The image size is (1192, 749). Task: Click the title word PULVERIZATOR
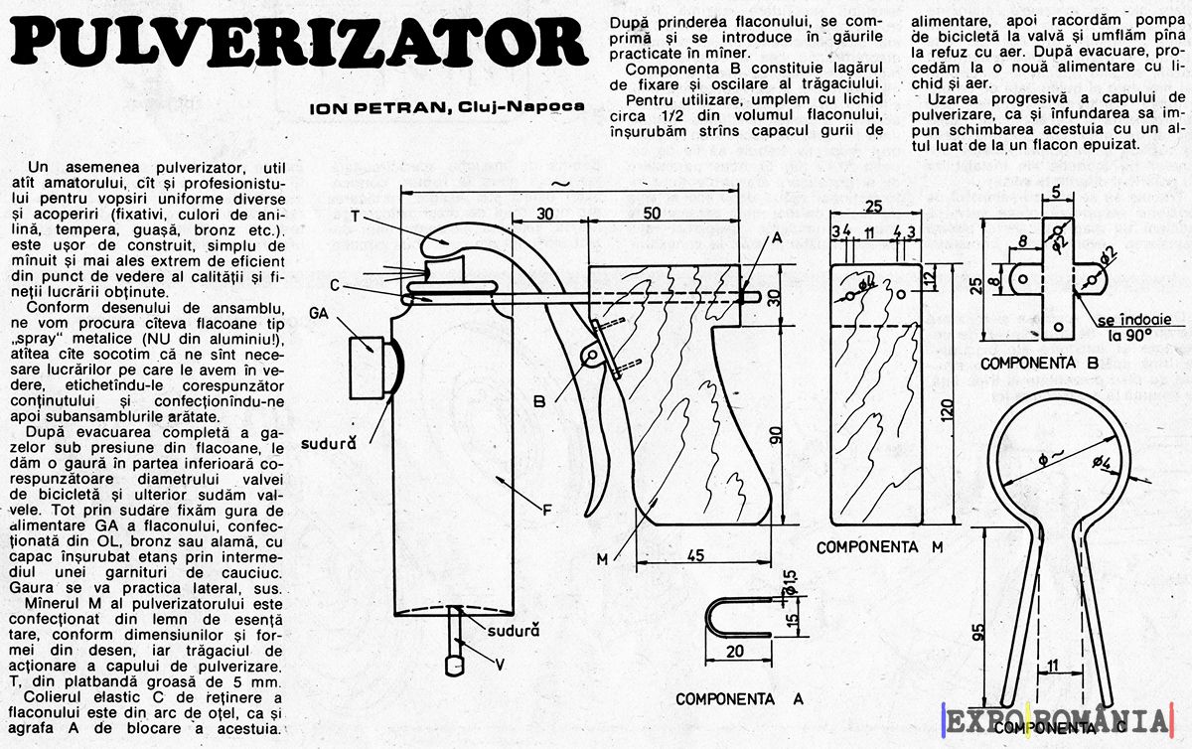tap(296, 44)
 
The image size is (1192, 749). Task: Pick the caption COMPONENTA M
tap(879, 547)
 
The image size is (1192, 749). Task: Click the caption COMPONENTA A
tap(738, 698)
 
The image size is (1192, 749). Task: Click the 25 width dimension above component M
tap(875, 207)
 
